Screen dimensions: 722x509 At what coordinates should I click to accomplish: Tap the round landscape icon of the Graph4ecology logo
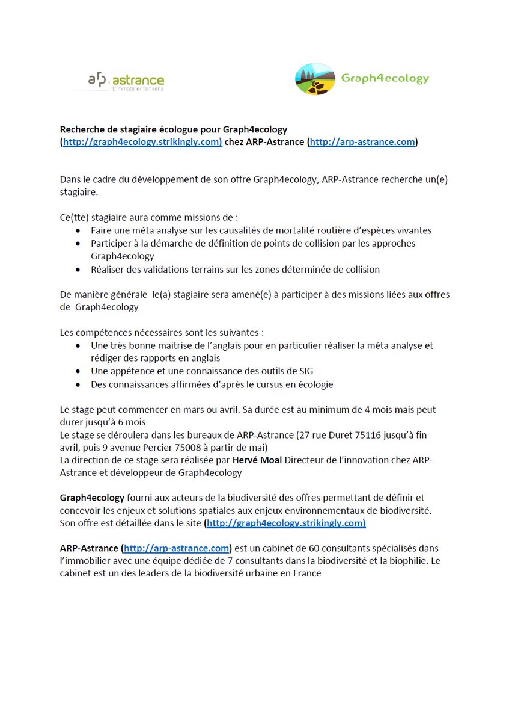(315, 79)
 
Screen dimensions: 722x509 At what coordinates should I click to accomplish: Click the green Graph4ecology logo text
(385, 78)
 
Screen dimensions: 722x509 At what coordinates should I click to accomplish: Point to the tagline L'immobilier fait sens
(138, 89)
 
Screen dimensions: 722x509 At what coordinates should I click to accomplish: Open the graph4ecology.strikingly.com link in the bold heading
(141, 142)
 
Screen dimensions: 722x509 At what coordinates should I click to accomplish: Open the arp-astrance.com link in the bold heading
(362, 142)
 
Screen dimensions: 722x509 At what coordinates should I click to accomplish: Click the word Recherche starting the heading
(80, 129)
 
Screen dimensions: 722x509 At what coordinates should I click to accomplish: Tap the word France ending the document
(306, 573)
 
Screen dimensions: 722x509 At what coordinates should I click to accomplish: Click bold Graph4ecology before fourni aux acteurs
(92, 498)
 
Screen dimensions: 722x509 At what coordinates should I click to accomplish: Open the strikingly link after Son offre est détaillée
(285, 523)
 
